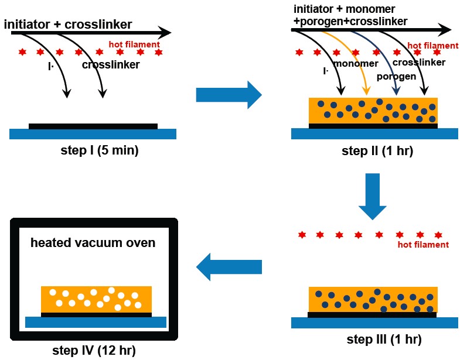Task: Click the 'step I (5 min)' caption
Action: coord(100,150)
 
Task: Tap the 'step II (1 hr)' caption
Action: coord(377,151)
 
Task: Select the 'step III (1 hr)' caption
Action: coord(384,340)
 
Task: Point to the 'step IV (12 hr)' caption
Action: coord(94,350)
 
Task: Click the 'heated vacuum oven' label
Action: coord(93,243)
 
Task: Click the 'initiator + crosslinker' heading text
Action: coord(68,25)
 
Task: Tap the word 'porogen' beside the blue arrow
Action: coord(396,77)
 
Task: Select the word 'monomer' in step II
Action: coord(356,63)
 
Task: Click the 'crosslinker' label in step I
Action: coord(111,65)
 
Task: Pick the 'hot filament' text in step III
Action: coord(423,245)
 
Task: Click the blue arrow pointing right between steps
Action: coord(229,95)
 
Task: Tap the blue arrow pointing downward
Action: coord(372,196)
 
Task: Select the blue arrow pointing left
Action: coord(229,267)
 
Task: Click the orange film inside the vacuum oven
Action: coord(96,299)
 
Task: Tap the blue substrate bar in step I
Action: coord(93,134)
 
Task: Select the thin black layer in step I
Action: coord(93,126)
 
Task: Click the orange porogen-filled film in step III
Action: coord(373,300)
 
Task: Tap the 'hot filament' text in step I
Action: coord(134,44)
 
